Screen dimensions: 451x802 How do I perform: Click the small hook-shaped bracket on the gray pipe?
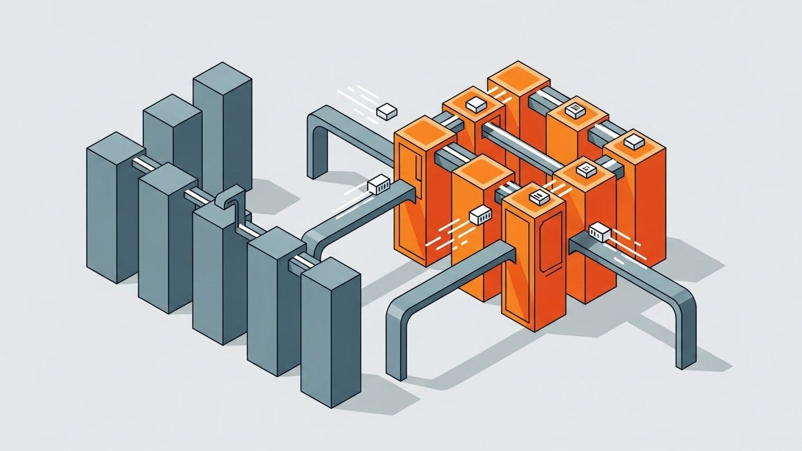(230, 197)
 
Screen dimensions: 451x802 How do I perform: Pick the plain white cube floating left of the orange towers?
(386, 111)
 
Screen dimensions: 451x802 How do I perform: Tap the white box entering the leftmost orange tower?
(379, 185)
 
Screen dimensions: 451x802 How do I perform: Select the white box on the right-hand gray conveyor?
(599, 231)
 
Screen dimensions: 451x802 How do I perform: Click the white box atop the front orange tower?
(539, 197)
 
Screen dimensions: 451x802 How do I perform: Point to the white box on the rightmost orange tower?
(633, 142)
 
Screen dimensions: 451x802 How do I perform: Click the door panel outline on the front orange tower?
(547, 247)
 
